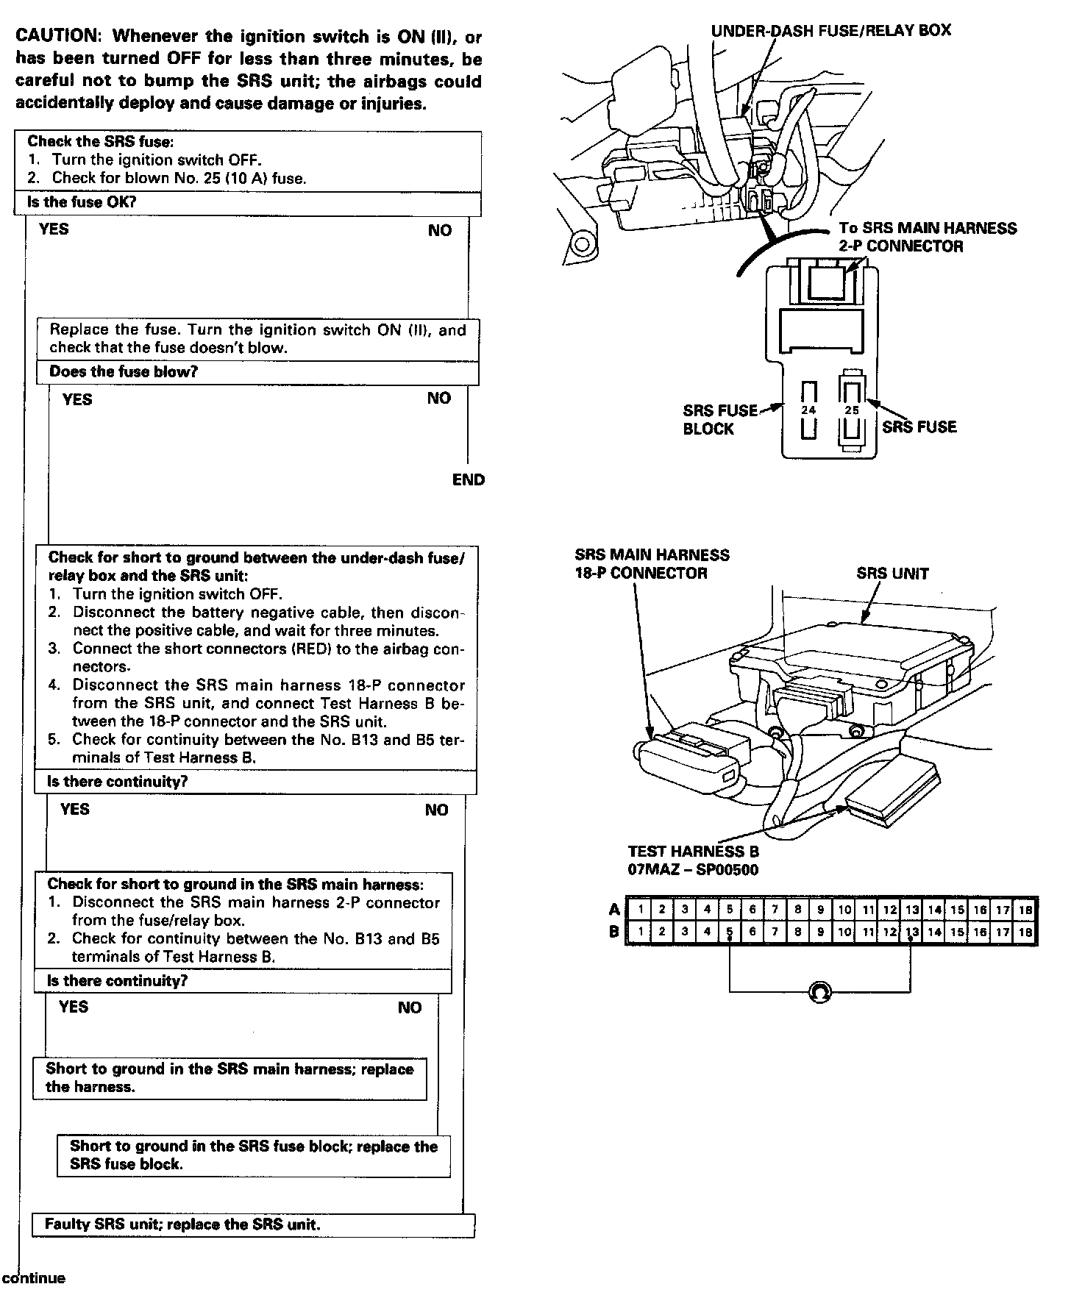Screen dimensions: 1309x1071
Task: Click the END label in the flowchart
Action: point(469,480)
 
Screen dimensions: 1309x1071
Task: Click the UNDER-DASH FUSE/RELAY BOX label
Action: point(830,31)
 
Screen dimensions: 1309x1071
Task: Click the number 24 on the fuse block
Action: point(808,410)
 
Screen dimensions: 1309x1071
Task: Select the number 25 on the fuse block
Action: point(852,410)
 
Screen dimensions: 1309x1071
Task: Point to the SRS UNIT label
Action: point(892,574)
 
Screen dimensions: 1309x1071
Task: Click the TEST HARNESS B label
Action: point(693,852)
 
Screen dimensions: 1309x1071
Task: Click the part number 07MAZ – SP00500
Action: point(693,870)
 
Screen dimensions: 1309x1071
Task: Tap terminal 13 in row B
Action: point(912,932)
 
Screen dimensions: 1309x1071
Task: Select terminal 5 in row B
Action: point(730,932)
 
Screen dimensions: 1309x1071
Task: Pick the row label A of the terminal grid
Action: point(614,910)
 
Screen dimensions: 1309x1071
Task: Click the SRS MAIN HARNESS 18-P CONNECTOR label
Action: point(652,564)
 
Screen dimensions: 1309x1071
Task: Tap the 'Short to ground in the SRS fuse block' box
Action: point(253,1155)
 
